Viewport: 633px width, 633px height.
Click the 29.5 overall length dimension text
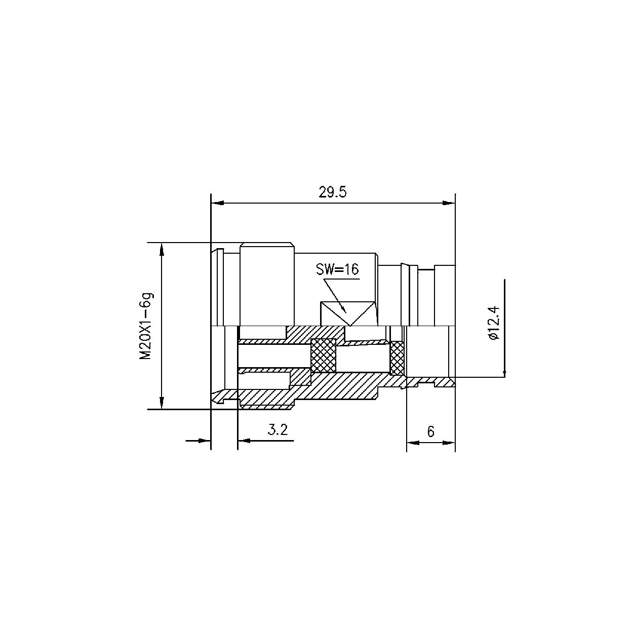[x=332, y=193]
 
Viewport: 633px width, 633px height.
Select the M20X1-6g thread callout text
[x=146, y=326]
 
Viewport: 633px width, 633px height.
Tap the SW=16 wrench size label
[x=337, y=269]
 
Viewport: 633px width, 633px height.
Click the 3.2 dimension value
[x=278, y=430]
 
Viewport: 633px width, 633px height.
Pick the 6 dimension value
[x=431, y=431]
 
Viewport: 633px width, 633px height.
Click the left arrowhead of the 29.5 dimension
[x=217, y=203]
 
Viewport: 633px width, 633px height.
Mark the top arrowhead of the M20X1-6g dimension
[x=162, y=249]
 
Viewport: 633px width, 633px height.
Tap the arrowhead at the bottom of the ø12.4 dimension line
[x=504, y=372]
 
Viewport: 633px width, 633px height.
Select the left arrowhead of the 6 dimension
[x=413, y=443]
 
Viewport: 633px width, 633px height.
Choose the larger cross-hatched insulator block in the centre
[x=323, y=356]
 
